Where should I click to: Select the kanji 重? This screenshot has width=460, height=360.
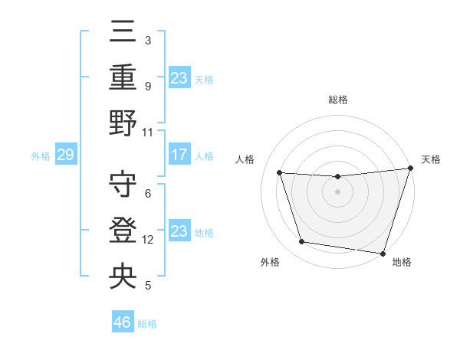coord(123,78)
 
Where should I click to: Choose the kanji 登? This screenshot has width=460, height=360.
coord(123,231)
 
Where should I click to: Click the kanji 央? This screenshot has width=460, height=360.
coord(123,275)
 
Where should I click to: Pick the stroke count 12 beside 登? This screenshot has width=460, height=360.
coord(148,240)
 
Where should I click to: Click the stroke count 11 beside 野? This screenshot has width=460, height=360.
coord(148,132)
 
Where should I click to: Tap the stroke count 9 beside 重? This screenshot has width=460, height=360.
coord(147,87)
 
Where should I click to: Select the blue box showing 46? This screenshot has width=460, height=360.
coord(123,322)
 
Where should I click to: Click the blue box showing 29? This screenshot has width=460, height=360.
coord(65,155)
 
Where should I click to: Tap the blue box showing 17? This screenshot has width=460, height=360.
coord(179,155)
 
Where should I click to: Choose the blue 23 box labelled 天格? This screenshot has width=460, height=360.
coord(179,78)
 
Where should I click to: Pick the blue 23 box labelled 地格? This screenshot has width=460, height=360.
coord(179,231)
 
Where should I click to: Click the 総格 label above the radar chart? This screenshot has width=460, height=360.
coord(338,100)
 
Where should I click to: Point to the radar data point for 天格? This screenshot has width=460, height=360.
coord(410,169)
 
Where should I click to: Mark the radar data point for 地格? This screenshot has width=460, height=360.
coord(383,253)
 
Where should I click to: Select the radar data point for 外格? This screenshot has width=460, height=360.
coord(301,242)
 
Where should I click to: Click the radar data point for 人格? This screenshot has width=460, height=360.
coord(280,173)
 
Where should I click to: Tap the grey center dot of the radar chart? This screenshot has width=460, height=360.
coord(337,191)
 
